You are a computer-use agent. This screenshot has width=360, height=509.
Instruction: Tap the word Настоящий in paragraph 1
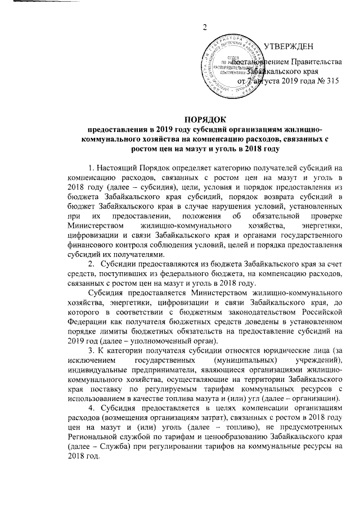pyautogui.click(x=119, y=168)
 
